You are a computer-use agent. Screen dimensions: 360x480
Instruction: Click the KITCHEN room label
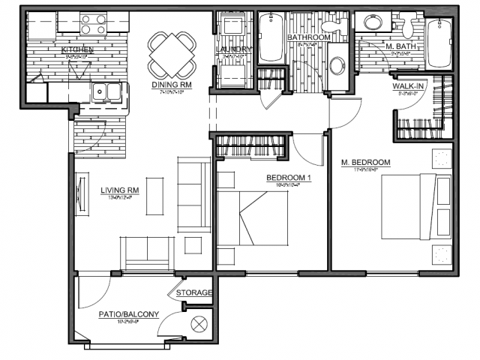click(76, 50)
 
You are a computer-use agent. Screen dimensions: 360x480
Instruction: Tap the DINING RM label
click(172, 85)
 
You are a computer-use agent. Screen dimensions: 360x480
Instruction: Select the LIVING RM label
click(120, 190)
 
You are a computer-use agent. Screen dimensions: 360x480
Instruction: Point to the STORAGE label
click(194, 292)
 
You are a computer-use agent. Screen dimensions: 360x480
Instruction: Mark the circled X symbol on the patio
click(200, 325)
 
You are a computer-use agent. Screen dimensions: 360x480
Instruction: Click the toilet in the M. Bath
click(409, 26)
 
